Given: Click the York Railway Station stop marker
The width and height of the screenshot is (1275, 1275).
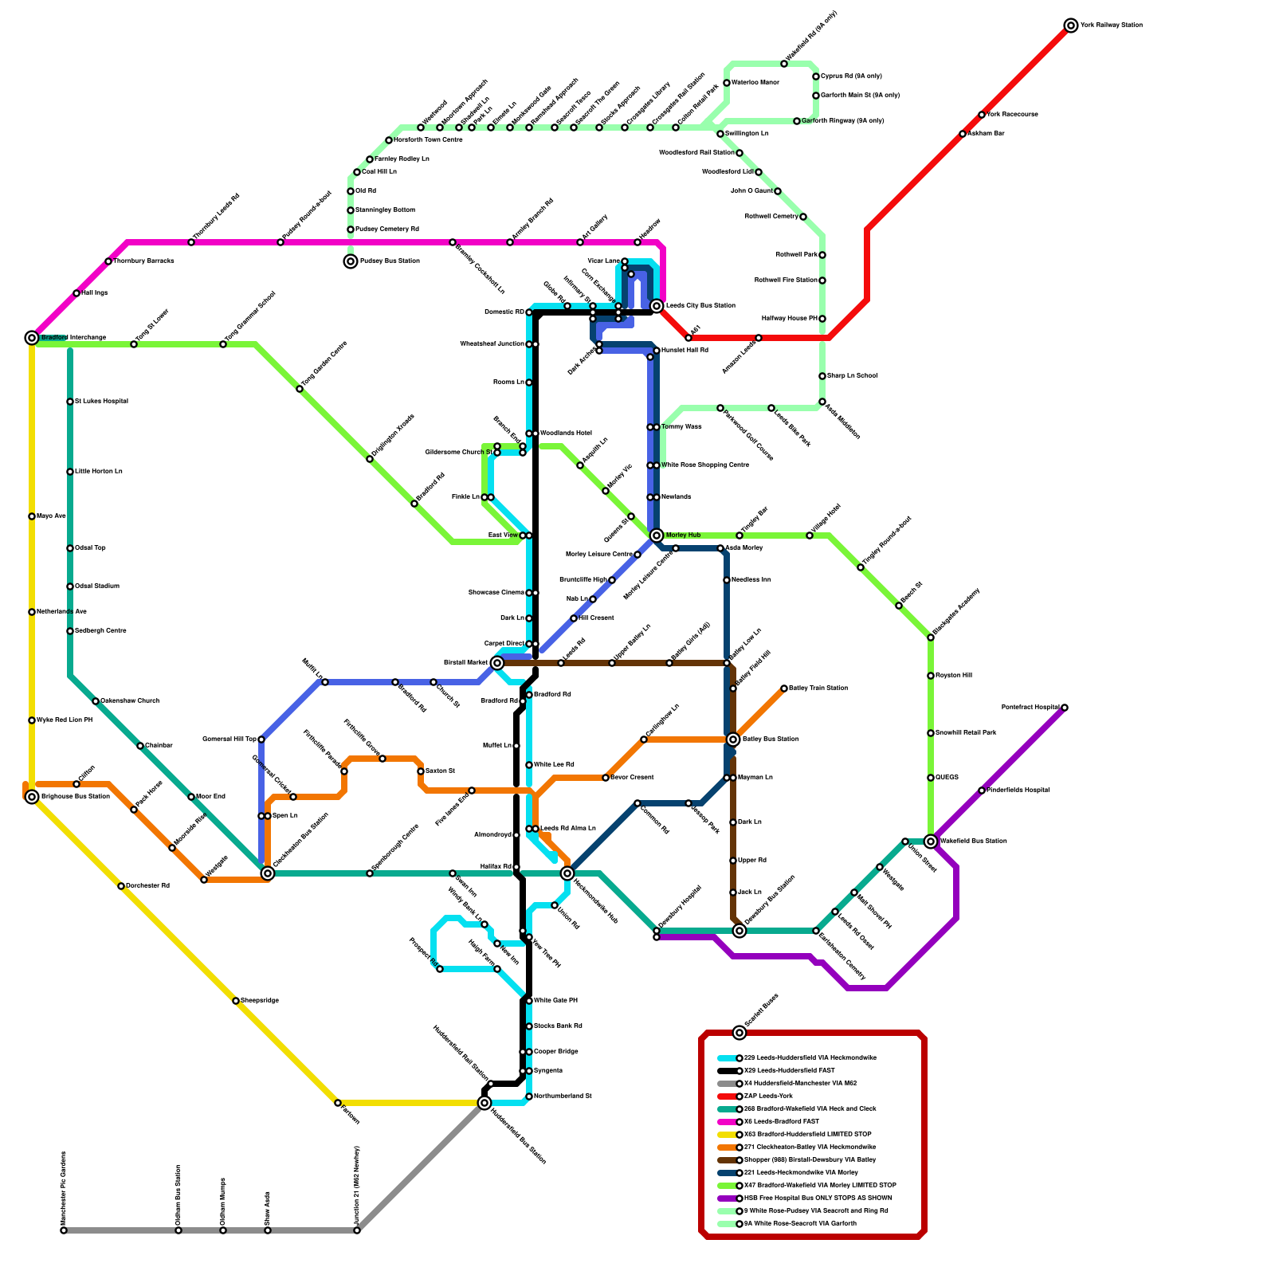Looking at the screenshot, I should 1071,25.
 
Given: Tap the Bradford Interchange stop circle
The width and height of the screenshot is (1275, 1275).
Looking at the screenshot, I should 32,338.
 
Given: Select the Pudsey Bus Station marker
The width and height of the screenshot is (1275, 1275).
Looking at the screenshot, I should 351,261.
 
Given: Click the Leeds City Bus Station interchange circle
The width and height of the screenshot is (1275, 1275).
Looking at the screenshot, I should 657,306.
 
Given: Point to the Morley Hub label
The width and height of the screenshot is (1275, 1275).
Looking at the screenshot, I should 683,535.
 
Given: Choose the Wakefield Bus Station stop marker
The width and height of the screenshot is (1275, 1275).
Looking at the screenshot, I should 931,841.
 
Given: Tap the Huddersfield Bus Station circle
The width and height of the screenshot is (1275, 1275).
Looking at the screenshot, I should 484,1103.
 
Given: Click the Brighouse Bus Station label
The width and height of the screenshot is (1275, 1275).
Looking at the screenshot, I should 76,797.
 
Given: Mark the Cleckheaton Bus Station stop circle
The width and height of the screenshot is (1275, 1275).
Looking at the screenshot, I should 268,873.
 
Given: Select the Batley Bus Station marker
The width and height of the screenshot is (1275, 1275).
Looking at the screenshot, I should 733,739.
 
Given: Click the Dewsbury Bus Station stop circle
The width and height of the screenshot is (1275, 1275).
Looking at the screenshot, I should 739,931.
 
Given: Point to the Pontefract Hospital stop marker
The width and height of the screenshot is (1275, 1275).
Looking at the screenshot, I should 1065,708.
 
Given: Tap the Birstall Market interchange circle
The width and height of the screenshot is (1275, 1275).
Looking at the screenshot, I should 497,663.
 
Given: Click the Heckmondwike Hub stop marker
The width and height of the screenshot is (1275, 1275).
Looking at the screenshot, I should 567,873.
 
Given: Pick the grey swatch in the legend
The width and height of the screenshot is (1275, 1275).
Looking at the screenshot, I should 727,1084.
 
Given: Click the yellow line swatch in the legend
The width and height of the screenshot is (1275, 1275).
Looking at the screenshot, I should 727,1135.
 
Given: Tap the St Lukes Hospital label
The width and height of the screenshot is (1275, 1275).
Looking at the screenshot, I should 101,402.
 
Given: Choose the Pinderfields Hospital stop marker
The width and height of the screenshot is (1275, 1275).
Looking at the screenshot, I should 982,790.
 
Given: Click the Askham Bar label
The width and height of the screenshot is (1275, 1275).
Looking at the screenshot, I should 986,134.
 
